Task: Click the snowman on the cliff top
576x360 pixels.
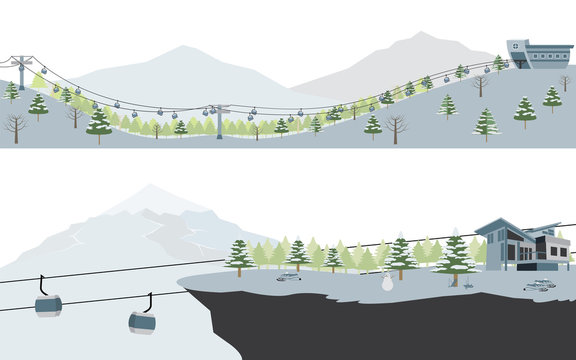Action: (x=387, y=284)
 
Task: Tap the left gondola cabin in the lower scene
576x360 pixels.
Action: (x=48, y=304)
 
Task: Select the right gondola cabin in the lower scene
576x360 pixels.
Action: (x=142, y=322)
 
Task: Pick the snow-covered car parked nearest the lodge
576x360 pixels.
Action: (x=540, y=286)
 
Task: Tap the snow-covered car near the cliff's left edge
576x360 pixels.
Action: (x=290, y=277)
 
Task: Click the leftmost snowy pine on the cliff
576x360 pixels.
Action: (x=239, y=257)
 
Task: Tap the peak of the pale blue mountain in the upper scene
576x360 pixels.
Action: (x=180, y=47)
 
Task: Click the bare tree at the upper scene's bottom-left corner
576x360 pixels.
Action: (x=14, y=126)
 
